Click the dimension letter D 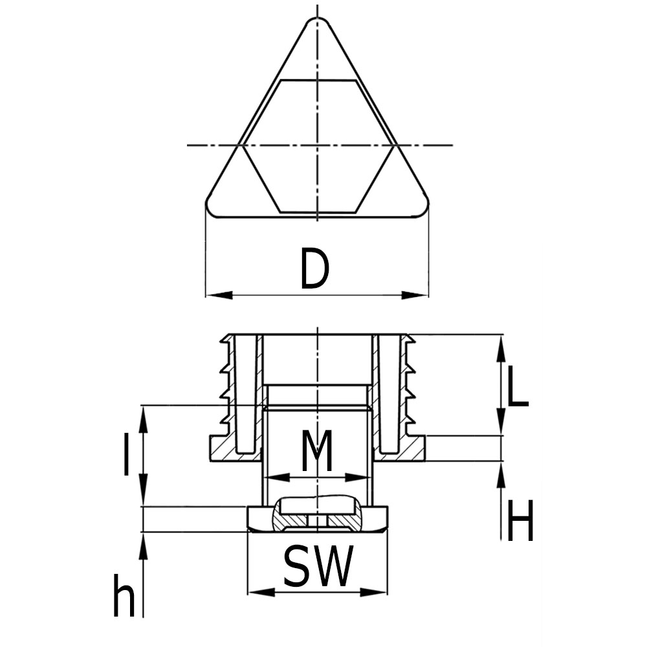point(315,270)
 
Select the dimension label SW point(318,567)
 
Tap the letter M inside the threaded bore point(317,451)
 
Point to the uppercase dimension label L point(517,387)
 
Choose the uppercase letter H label point(520,522)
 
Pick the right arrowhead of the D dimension point(415,295)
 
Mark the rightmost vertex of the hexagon point(393,145)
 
